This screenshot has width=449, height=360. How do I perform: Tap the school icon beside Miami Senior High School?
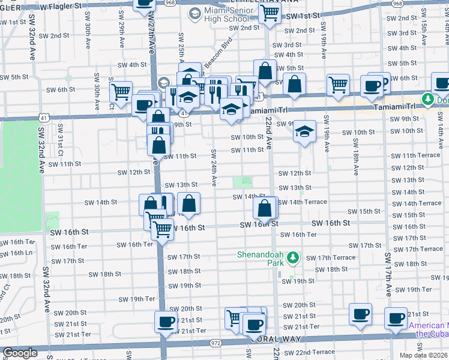tap(194, 13)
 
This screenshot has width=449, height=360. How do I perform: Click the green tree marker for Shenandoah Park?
tap(293, 258)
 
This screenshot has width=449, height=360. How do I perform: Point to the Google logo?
tap(20, 353)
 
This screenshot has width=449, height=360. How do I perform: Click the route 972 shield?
tap(215, 343)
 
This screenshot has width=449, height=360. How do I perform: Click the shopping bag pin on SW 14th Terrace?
tap(265, 209)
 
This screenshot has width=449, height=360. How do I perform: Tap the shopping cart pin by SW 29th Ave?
tap(121, 92)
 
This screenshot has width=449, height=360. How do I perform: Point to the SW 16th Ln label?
tap(16, 253)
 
